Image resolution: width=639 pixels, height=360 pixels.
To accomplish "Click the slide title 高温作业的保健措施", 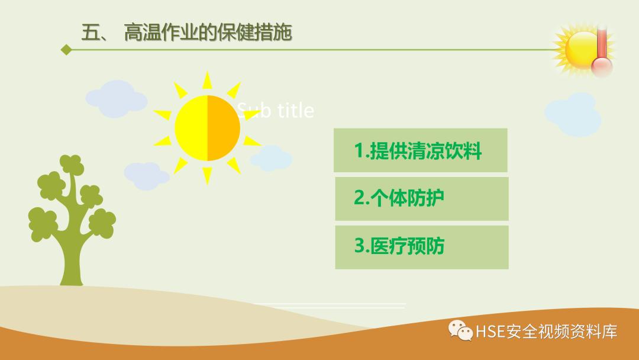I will [208, 33].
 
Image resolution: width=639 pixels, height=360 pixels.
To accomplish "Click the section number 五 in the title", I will [92, 33].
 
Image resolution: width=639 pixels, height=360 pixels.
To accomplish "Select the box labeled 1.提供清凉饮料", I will [420, 150].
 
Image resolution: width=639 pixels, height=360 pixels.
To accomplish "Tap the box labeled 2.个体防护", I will [421, 198].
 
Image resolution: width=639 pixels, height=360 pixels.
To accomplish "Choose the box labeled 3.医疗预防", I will [421, 246].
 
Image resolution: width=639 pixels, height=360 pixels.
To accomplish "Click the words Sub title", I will [276, 110].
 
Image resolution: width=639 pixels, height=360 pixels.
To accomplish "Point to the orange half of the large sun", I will [224, 127].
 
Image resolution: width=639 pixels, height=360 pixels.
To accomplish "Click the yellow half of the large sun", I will [191, 127].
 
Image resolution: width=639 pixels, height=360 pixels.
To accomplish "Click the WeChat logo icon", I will [460, 330].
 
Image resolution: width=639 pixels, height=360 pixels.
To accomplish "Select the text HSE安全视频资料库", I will [546, 331].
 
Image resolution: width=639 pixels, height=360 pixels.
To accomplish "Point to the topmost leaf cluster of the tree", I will [70, 165].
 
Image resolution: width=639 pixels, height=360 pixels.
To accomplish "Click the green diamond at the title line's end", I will [66, 50].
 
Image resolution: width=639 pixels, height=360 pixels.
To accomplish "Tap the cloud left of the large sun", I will [115, 98].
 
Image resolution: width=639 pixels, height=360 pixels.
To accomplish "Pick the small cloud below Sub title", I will [271, 157].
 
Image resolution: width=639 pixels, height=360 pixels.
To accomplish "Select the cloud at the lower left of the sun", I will [146, 173].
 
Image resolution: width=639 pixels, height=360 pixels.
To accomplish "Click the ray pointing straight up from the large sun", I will [207, 81].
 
